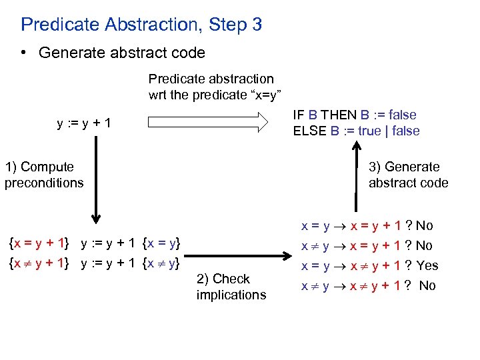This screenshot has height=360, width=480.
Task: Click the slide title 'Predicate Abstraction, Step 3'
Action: [141, 25]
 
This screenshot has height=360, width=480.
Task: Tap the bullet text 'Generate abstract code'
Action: [122, 53]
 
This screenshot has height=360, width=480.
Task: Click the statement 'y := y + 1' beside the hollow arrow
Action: [84, 123]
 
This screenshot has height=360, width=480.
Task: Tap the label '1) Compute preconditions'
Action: [44, 175]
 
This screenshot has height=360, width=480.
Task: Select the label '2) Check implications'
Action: [231, 287]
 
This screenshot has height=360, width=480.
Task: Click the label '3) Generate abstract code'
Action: [408, 175]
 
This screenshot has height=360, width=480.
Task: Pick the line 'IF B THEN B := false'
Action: [356, 115]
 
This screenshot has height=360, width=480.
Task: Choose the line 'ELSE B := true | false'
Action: [356, 131]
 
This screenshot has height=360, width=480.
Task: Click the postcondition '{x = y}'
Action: [162, 241]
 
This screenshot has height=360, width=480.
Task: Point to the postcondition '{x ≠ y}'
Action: [162, 263]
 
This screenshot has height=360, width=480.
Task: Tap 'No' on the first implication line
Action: [424, 225]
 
